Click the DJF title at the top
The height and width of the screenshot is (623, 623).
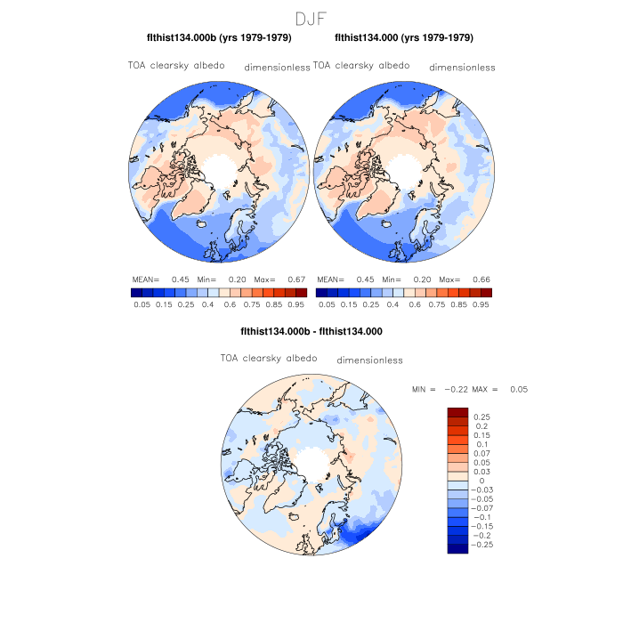[x=311, y=18]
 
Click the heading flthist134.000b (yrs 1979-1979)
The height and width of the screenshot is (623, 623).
[x=219, y=38]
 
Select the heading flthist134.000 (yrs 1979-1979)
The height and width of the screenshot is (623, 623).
[x=404, y=38]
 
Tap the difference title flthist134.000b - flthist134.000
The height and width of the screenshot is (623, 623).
[x=311, y=331]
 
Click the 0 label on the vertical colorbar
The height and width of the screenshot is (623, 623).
[x=481, y=481]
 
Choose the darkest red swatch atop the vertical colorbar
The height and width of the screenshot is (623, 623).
[x=457, y=411]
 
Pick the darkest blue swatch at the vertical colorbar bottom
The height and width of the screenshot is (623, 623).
[x=457, y=548]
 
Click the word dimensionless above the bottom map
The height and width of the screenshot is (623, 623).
[x=370, y=360]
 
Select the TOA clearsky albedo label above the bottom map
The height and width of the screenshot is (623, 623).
[x=269, y=358]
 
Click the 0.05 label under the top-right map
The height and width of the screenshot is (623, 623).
[x=327, y=304]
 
